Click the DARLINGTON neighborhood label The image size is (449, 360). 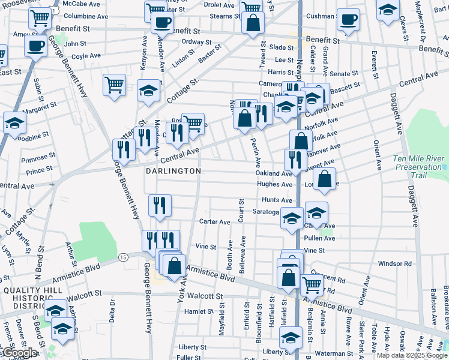pyautogui.click(x=173, y=171)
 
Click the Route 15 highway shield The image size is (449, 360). pyautogui.click(x=123, y=257)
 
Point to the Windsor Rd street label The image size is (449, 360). pyautogui.click(x=394, y=263)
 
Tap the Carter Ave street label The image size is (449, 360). pyautogui.click(x=215, y=222)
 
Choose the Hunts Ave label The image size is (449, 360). pyautogui.click(x=277, y=200)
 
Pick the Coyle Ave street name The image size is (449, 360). pyautogui.click(x=86, y=57)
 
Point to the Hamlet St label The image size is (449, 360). pyautogui.click(x=199, y=311)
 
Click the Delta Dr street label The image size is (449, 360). pyautogui.click(x=112, y=307)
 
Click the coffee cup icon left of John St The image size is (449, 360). pyautogui.click(x=35, y=45)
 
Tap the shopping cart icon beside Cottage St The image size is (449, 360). pyautogui.click(x=114, y=83)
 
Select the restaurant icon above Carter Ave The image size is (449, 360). pyautogui.click(x=160, y=206)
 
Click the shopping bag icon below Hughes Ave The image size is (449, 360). pyautogui.click(x=324, y=179)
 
